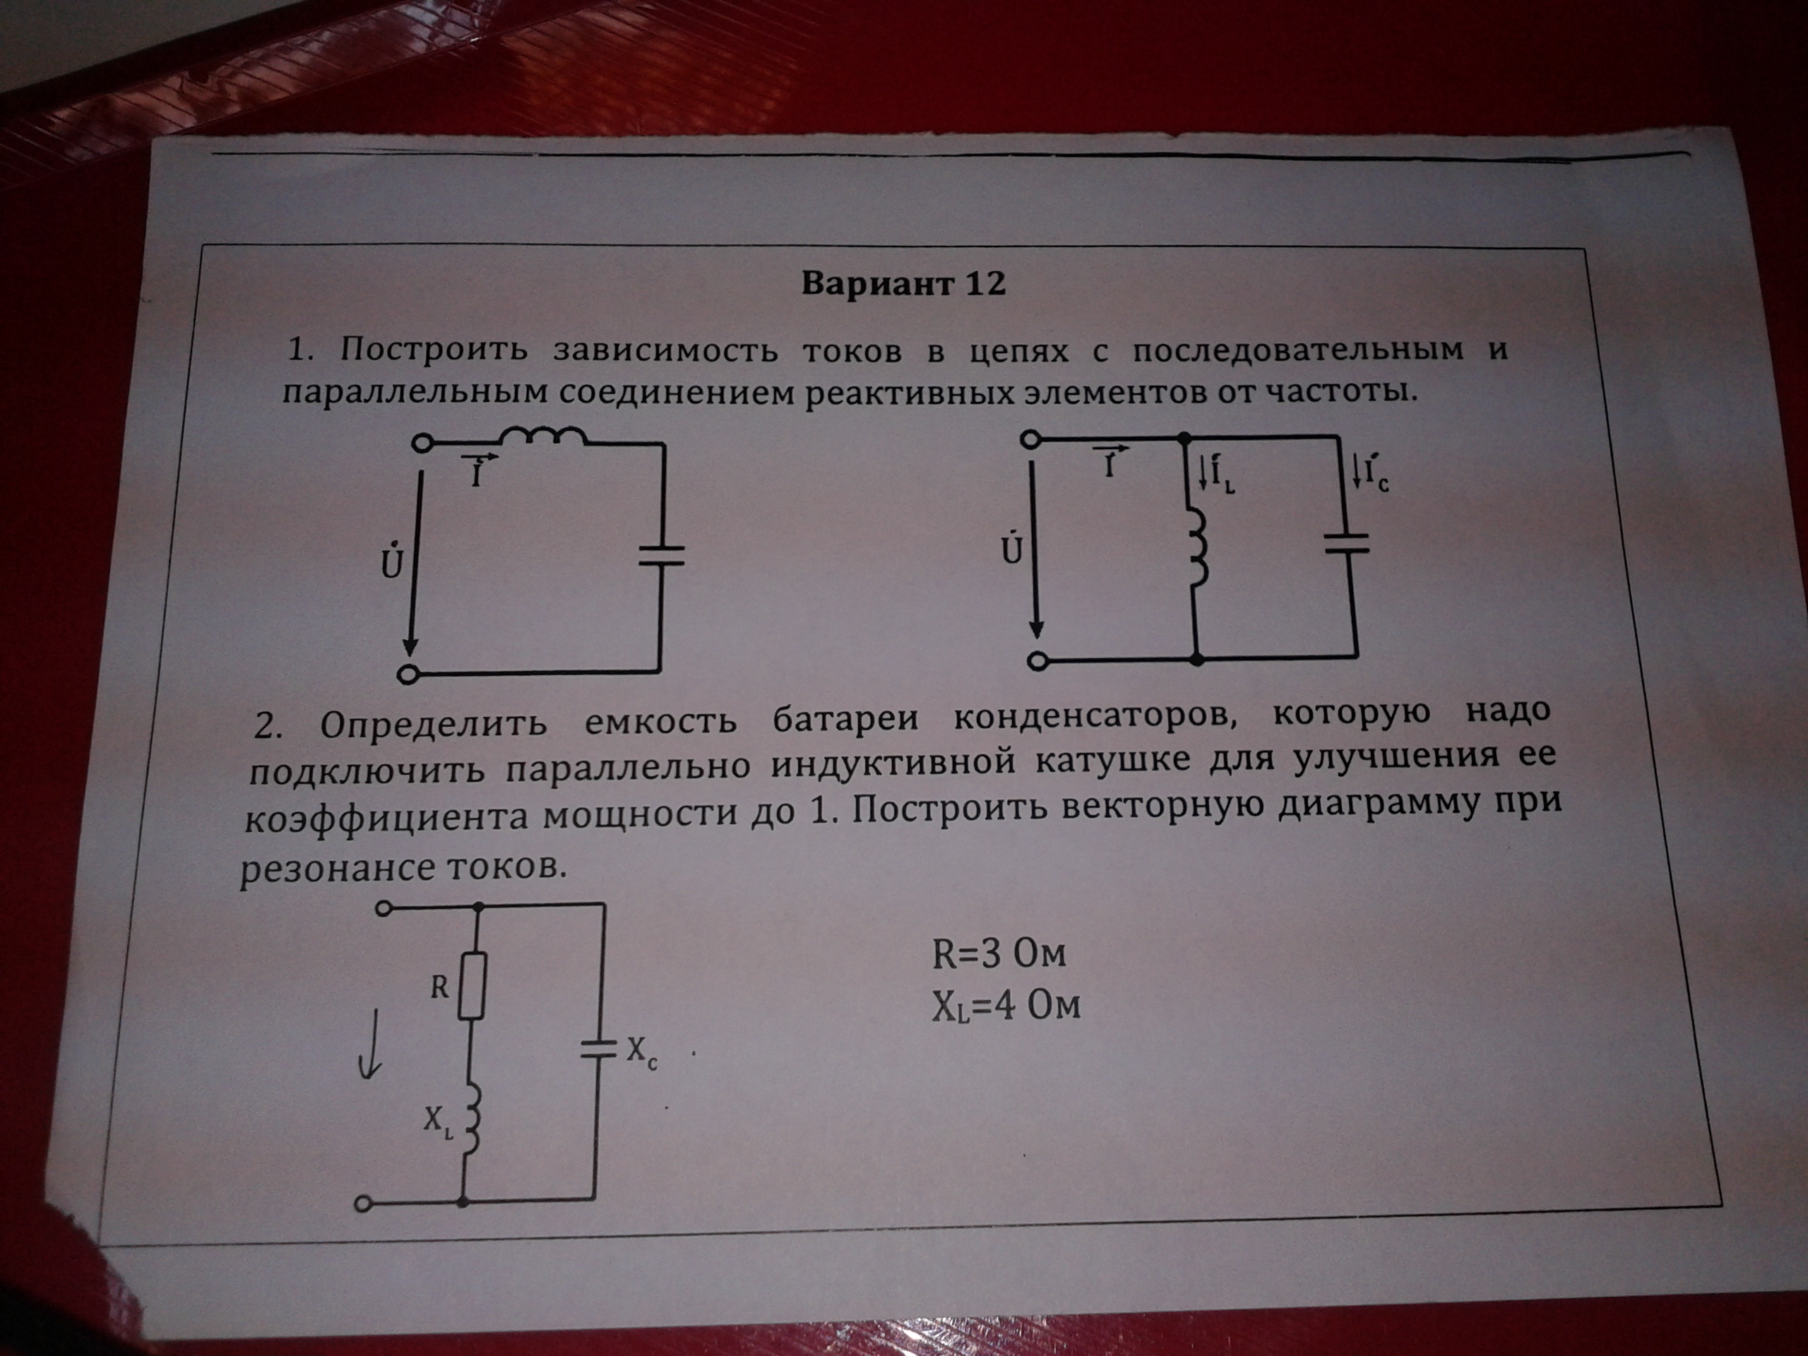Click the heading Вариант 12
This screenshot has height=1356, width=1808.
(x=903, y=284)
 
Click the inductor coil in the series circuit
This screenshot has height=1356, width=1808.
(x=542, y=437)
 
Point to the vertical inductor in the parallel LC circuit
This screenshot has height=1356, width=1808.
(x=1197, y=549)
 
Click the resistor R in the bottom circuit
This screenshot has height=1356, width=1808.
(x=472, y=985)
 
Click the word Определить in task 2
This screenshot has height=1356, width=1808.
(x=433, y=724)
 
